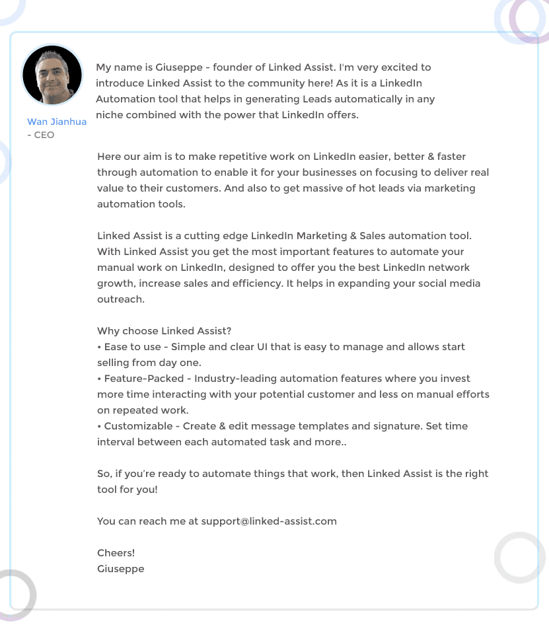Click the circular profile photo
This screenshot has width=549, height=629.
pyautogui.click(x=52, y=75)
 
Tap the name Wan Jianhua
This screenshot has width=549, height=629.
pyautogui.click(x=57, y=122)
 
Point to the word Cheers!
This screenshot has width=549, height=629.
pyautogui.click(x=116, y=553)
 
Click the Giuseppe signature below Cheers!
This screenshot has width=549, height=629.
pyautogui.click(x=120, y=569)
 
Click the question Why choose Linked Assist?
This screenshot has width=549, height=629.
pyautogui.click(x=165, y=331)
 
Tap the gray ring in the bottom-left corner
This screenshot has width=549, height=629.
pyautogui.click(x=13, y=595)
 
